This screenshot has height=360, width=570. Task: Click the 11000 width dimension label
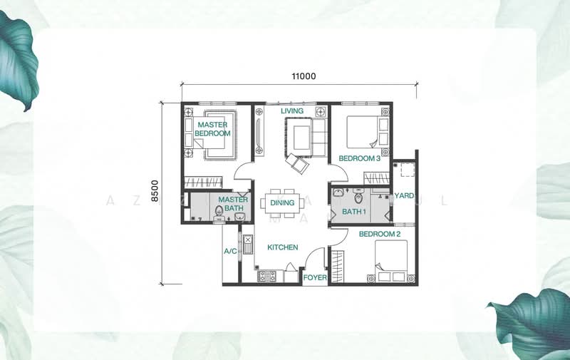pyautogui.click(x=304, y=76)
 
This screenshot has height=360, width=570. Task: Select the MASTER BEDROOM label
pyautogui.click(x=212, y=129)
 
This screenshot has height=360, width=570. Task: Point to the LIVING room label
pyautogui.click(x=291, y=111)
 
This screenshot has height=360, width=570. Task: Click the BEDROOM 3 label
pyautogui.click(x=359, y=158)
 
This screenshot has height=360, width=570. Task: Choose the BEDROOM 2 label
pyautogui.click(x=379, y=234)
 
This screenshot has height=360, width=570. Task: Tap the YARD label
pyautogui.click(x=404, y=195)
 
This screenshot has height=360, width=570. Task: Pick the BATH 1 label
pyautogui.click(x=353, y=212)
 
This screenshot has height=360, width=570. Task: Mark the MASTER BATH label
pyautogui.click(x=233, y=205)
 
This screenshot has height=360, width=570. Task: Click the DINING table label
pyautogui.click(x=282, y=203)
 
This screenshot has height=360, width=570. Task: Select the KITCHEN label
pyautogui.click(x=282, y=247)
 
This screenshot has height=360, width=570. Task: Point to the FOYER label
pyautogui.click(x=314, y=277)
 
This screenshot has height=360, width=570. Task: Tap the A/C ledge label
pyautogui.click(x=230, y=252)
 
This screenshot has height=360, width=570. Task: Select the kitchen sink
pyautogui.click(x=247, y=244)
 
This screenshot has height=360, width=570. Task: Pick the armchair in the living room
pyautogui.click(x=298, y=164)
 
